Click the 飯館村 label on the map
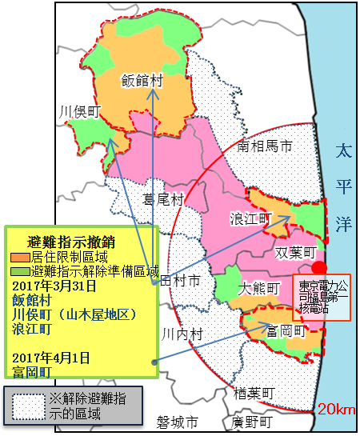tap(143, 80)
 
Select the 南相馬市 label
tap(266, 146)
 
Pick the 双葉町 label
tap(296, 253)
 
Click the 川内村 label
tap(182, 333)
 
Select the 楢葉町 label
tap(253, 394)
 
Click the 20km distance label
tap(335, 410)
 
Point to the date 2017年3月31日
tap(54, 286)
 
